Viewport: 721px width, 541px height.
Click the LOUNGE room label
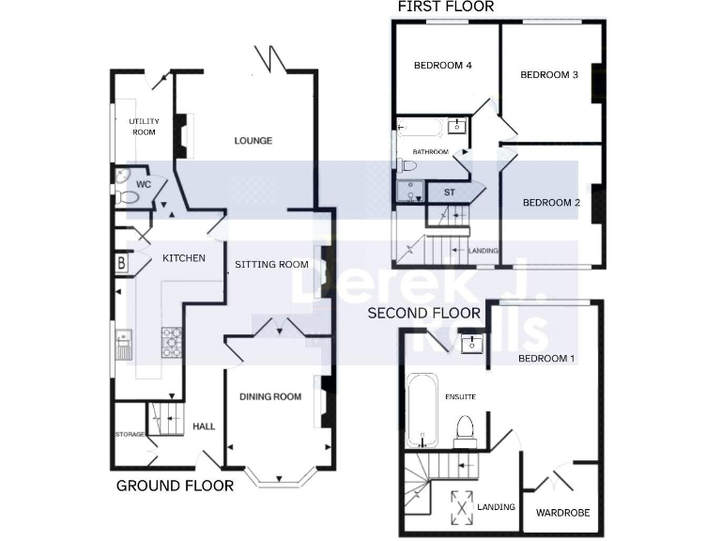click(253, 141)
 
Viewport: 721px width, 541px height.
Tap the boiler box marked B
click(121, 264)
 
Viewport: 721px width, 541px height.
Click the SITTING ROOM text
click(271, 264)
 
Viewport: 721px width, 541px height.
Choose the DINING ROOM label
click(271, 397)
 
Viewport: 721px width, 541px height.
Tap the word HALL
click(204, 426)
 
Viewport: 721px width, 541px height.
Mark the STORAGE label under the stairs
click(129, 434)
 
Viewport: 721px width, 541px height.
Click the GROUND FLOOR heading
click(174, 486)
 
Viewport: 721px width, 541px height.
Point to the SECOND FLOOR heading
click(424, 313)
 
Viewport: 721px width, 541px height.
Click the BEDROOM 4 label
click(442, 66)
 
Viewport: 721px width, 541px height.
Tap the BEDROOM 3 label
click(548, 75)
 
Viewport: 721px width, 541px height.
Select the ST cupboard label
click(449, 193)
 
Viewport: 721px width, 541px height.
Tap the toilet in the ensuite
click(464, 429)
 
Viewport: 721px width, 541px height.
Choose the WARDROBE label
click(560, 514)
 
